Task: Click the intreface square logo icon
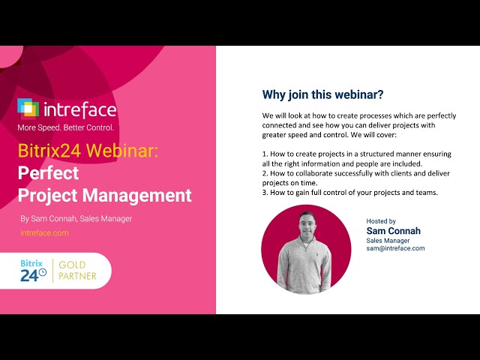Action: [x=28, y=109]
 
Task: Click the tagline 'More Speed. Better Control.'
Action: [x=65, y=127]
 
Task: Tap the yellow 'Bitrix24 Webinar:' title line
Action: [x=88, y=151]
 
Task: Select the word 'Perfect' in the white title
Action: [x=48, y=173]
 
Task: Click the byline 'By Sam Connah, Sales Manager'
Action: [x=76, y=219]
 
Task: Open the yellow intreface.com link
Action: [x=44, y=233]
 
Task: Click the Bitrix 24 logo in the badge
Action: [x=34, y=271]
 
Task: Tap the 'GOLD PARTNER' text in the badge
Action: [x=82, y=271]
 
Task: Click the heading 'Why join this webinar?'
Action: [x=322, y=95]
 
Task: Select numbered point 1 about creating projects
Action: [x=357, y=158]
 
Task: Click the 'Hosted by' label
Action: [x=381, y=221]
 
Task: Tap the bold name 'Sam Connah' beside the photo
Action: [x=394, y=231]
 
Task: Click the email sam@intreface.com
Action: [x=395, y=248]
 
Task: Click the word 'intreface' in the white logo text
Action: [x=81, y=110]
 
